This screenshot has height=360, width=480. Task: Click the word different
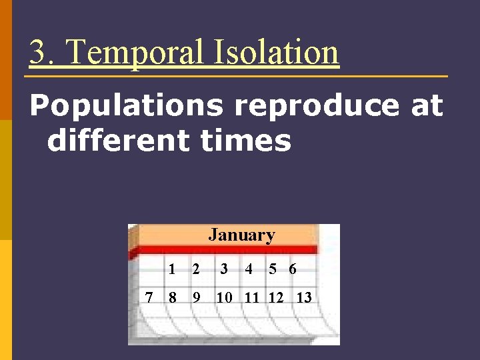tap(114, 141)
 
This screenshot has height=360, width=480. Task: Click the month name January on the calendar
tap(241, 235)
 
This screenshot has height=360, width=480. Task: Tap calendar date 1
tap(172, 269)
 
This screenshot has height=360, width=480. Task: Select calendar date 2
tap(196, 269)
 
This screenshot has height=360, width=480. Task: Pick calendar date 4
tap(249, 269)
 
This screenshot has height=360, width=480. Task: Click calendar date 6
tap(293, 269)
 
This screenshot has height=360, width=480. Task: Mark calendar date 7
tap(149, 297)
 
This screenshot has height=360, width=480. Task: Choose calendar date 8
tap(172, 297)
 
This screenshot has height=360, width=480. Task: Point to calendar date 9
tap(196, 297)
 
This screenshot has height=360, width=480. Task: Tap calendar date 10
tap(224, 297)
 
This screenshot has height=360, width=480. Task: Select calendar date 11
tap(251, 297)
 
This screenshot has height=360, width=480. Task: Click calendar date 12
tap(275, 297)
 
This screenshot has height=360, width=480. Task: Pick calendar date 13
tap(303, 297)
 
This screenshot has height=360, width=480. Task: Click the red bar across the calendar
tap(227, 249)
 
